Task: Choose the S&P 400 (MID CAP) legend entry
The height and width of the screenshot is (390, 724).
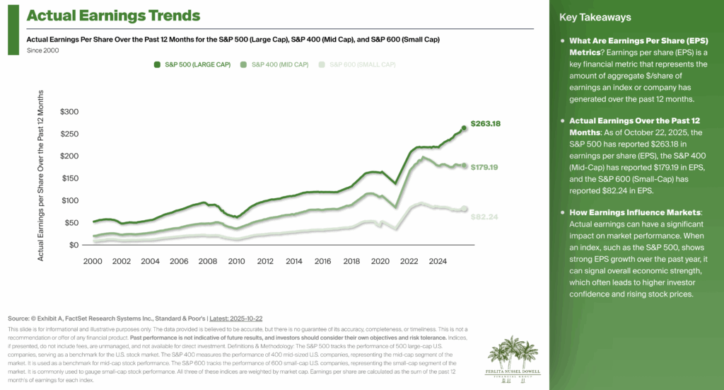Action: pos(274,64)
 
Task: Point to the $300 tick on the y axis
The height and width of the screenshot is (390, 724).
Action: pos(70,112)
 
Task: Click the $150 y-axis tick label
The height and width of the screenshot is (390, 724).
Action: pos(70,178)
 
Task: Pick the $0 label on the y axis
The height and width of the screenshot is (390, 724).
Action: pos(74,245)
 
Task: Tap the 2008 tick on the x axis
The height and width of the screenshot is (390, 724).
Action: pos(207,261)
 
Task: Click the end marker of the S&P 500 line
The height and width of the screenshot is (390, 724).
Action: pos(465,128)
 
